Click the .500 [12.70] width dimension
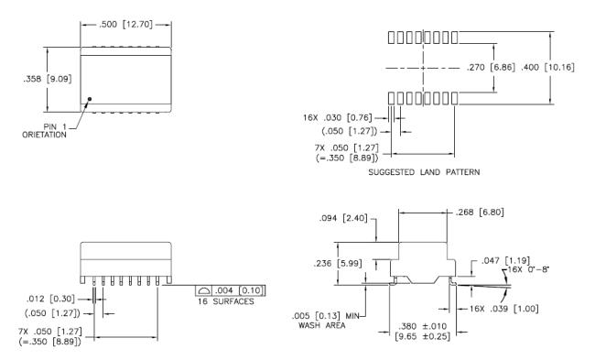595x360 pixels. click(x=125, y=25)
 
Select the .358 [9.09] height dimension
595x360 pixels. click(x=48, y=79)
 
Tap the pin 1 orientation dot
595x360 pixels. click(x=90, y=99)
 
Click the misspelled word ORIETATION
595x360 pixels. click(x=44, y=135)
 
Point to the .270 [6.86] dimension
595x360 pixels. click(x=491, y=68)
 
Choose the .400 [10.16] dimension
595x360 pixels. click(x=547, y=68)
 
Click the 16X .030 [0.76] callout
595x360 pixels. click(x=338, y=118)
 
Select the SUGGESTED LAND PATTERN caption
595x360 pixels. click(x=424, y=172)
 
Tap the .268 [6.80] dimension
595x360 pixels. click(x=480, y=213)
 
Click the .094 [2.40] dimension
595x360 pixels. click(x=343, y=218)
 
